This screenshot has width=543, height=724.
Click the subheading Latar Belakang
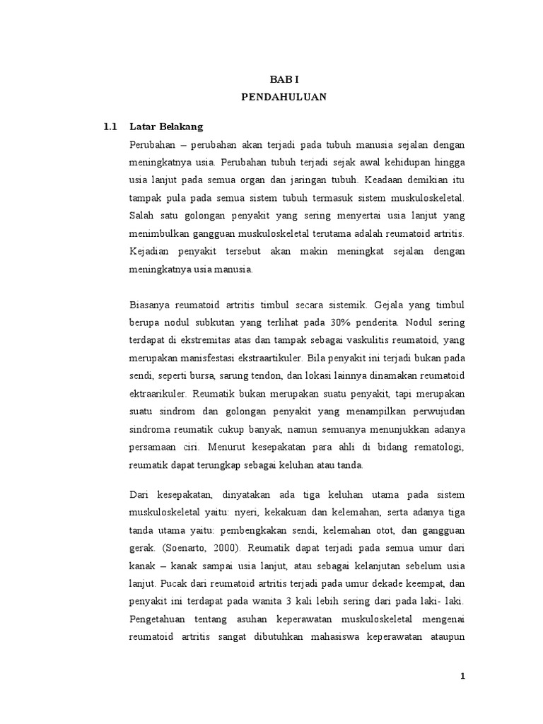166,127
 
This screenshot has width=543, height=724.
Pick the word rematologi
440,448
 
